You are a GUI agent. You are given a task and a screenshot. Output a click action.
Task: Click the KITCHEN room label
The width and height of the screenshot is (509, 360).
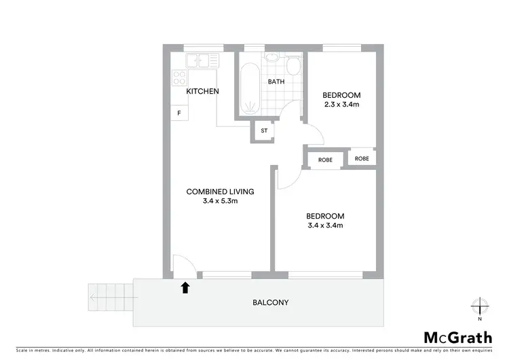(202, 91)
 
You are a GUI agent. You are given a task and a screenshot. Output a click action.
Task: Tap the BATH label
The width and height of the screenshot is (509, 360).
(276, 82)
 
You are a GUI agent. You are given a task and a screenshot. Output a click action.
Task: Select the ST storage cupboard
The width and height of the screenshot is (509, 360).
(264, 130)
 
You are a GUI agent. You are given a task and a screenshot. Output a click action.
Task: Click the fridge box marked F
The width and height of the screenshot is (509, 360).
(179, 113)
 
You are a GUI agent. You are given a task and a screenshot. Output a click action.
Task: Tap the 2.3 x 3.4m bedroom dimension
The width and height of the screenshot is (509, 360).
(341, 105)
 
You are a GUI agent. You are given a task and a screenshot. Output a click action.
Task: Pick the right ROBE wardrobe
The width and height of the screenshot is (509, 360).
(362, 158)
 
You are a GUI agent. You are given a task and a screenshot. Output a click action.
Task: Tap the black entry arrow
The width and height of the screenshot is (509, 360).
(185, 288)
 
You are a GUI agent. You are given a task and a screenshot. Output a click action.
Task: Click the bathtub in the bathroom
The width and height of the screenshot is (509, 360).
(250, 88)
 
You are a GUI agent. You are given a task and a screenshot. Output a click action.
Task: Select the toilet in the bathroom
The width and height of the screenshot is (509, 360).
(294, 66)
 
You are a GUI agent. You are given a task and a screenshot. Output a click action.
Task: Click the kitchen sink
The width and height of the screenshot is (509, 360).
(201, 61)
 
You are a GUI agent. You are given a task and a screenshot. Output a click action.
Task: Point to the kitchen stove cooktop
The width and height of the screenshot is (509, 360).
(180, 75)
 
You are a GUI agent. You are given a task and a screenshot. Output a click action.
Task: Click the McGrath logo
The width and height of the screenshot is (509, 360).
(458, 338)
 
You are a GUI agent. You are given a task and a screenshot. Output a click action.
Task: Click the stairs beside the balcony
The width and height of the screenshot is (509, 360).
(111, 297)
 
